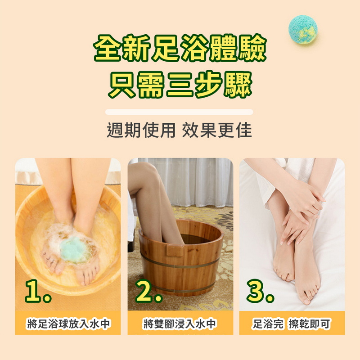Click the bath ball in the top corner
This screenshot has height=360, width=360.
point(302,30)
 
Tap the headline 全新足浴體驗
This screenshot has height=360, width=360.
point(180,48)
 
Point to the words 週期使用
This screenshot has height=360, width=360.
point(140,130)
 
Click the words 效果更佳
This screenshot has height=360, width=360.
point(217,130)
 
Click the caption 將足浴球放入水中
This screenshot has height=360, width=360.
point(68,324)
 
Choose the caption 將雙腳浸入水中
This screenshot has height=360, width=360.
point(180,324)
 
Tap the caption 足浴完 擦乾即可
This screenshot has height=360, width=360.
point(291,324)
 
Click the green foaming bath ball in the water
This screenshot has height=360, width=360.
point(74,249)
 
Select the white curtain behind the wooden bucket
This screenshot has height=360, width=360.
point(198,180)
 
